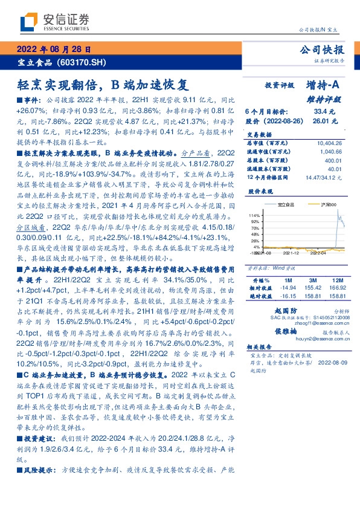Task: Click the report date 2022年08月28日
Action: click(x=53, y=50)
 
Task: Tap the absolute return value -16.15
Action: click(x=286, y=297)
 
